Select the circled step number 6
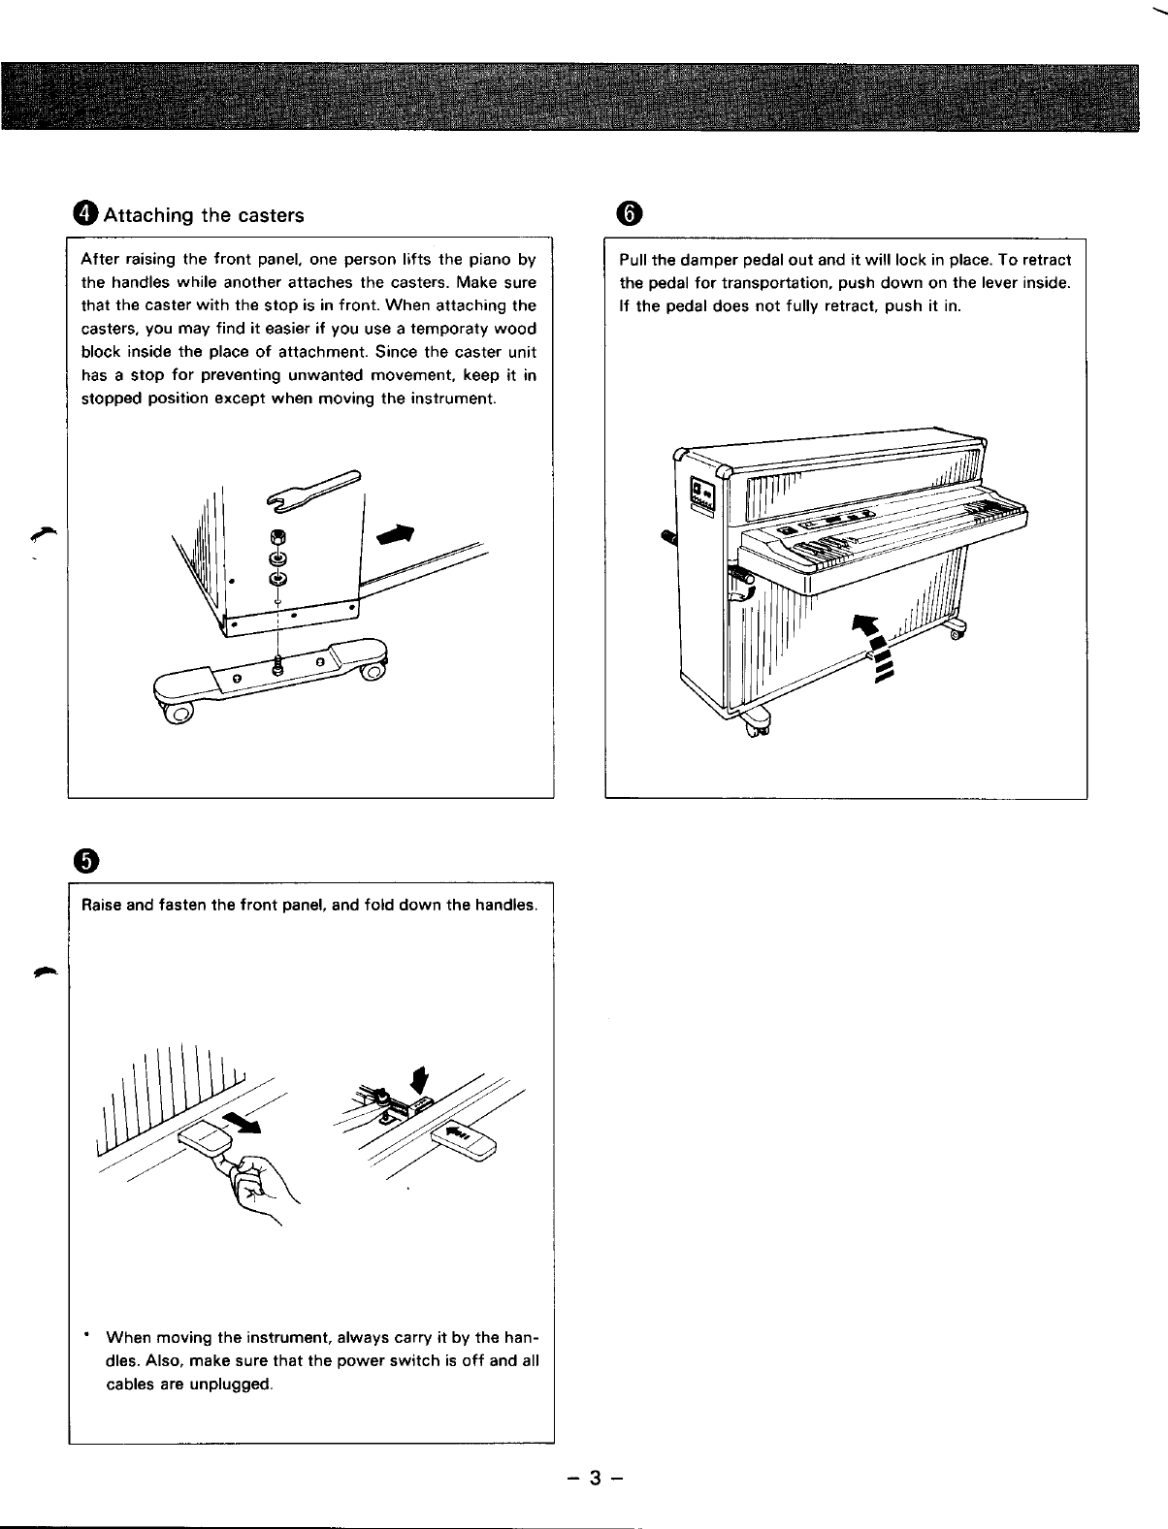point(629,214)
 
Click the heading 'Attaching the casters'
point(203,215)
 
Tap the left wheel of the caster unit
point(179,714)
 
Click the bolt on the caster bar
point(279,664)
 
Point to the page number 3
point(596,1478)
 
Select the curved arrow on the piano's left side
point(739,601)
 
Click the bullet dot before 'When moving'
point(87,1337)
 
